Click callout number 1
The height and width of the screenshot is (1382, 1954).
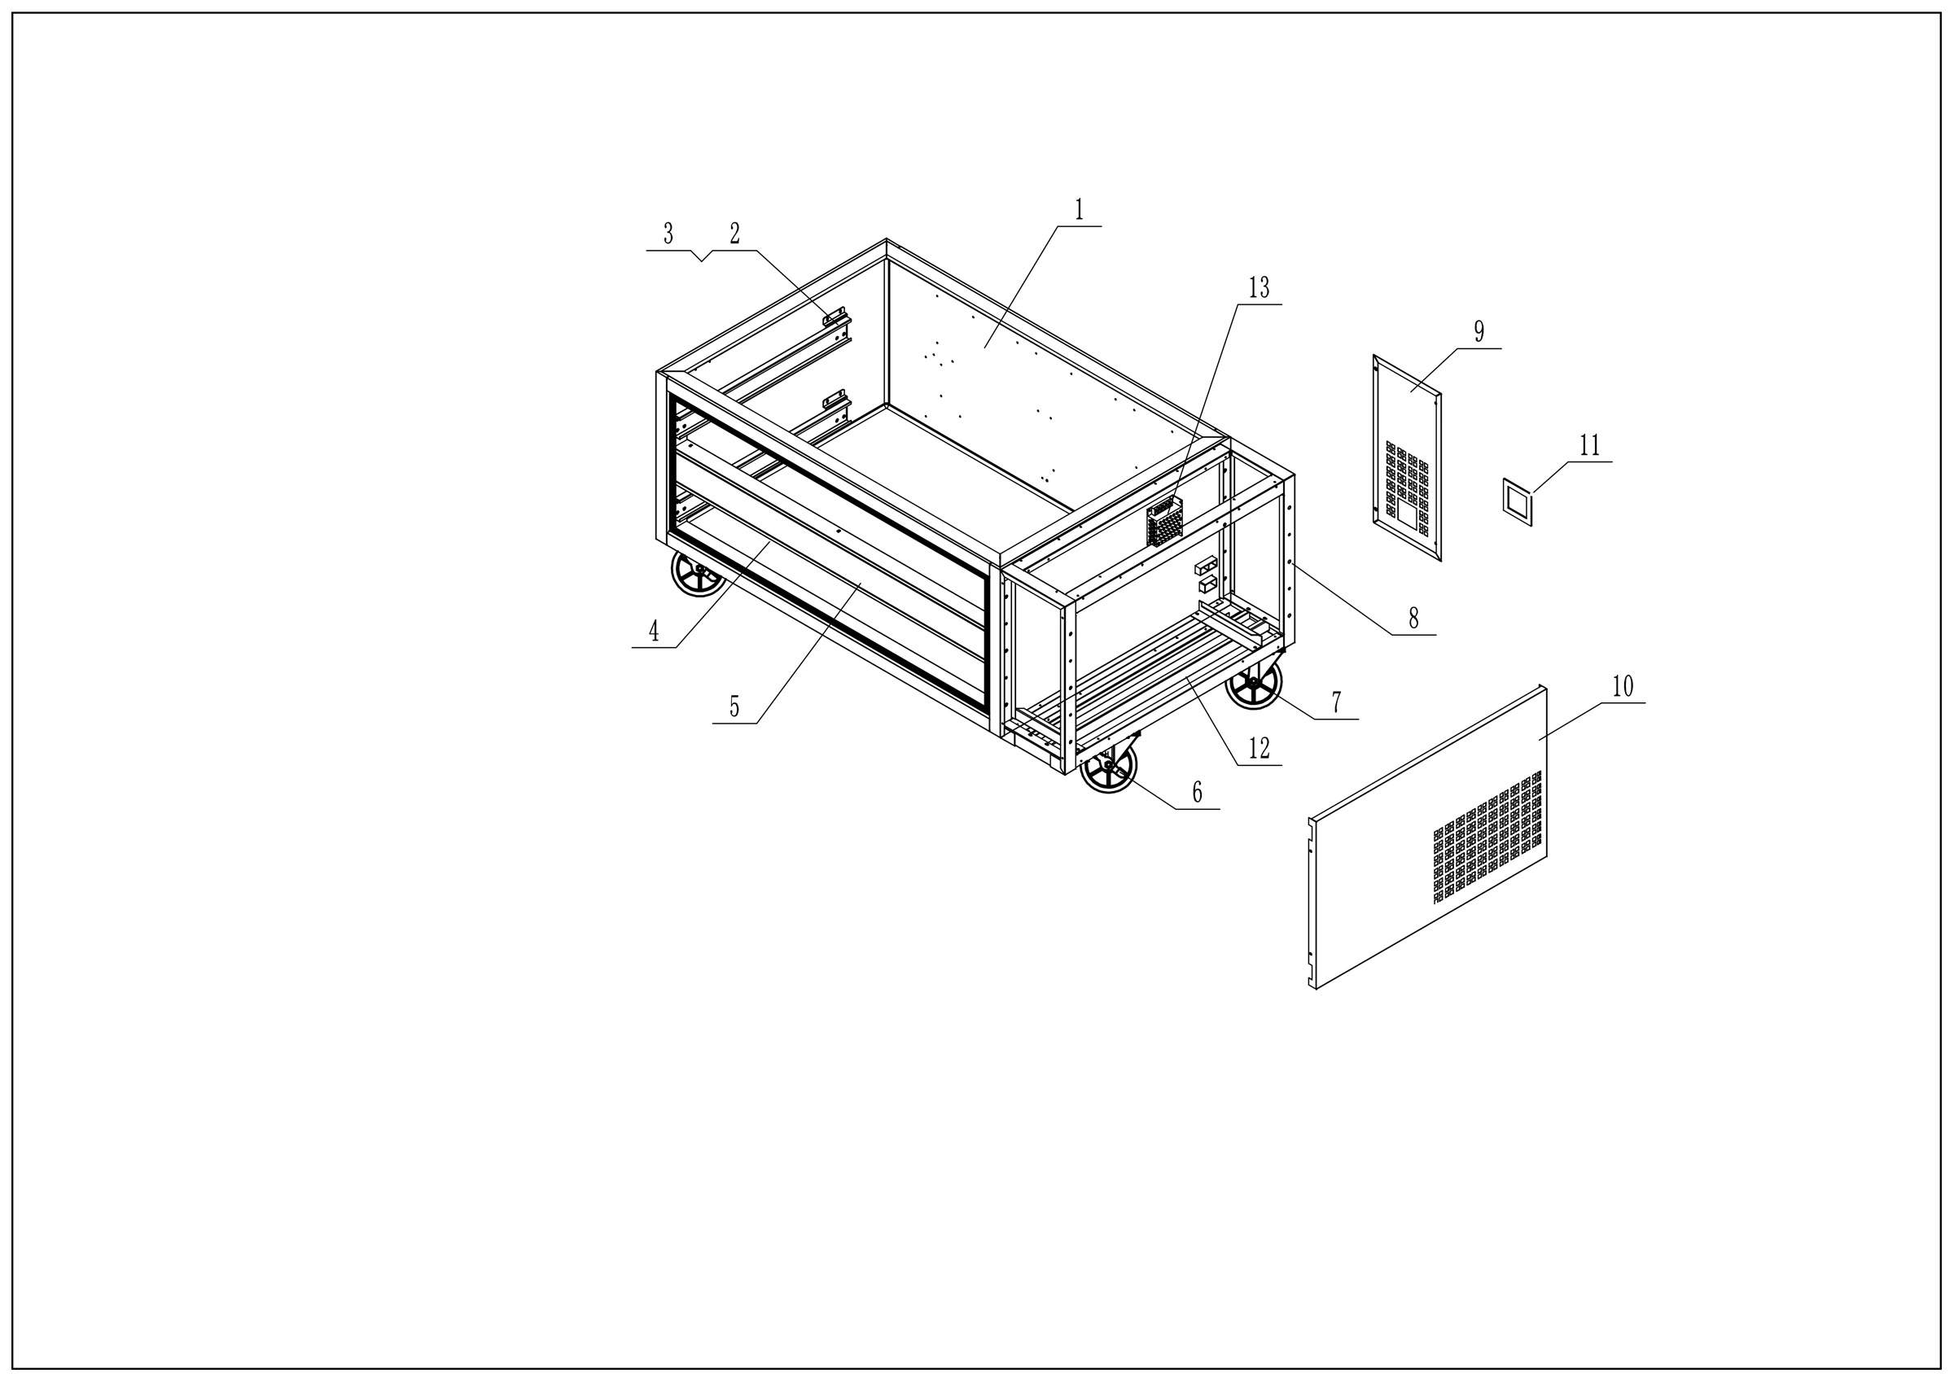coord(1079,209)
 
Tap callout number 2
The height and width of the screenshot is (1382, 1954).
coord(734,233)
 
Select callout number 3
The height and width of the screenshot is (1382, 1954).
coord(668,233)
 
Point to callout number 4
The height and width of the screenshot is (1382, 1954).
coord(654,631)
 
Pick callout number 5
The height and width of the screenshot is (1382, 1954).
coord(734,706)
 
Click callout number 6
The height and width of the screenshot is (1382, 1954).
coord(1197,792)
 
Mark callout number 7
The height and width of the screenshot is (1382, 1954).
coord(1336,703)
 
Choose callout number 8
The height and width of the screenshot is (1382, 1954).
coord(1413,619)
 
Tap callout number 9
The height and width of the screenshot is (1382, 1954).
coord(1479,332)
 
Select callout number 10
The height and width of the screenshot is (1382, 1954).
coord(1623,686)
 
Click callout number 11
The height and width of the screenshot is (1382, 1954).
coord(1590,445)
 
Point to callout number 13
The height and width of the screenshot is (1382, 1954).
coord(1259,288)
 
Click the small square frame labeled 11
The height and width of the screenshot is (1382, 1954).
coord(1518,502)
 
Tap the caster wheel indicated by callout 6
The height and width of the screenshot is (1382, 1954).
coord(1108,766)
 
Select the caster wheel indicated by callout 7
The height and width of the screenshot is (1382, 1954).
coord(1253,684)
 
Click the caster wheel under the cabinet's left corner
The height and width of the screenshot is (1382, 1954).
coord(698,573)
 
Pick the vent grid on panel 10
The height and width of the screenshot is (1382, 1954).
coord(1487,838)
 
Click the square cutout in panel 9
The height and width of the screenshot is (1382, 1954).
coord(1407,510)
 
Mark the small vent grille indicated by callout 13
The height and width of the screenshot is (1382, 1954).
coord(1164,522)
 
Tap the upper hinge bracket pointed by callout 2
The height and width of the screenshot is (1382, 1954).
coord(835,317)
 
